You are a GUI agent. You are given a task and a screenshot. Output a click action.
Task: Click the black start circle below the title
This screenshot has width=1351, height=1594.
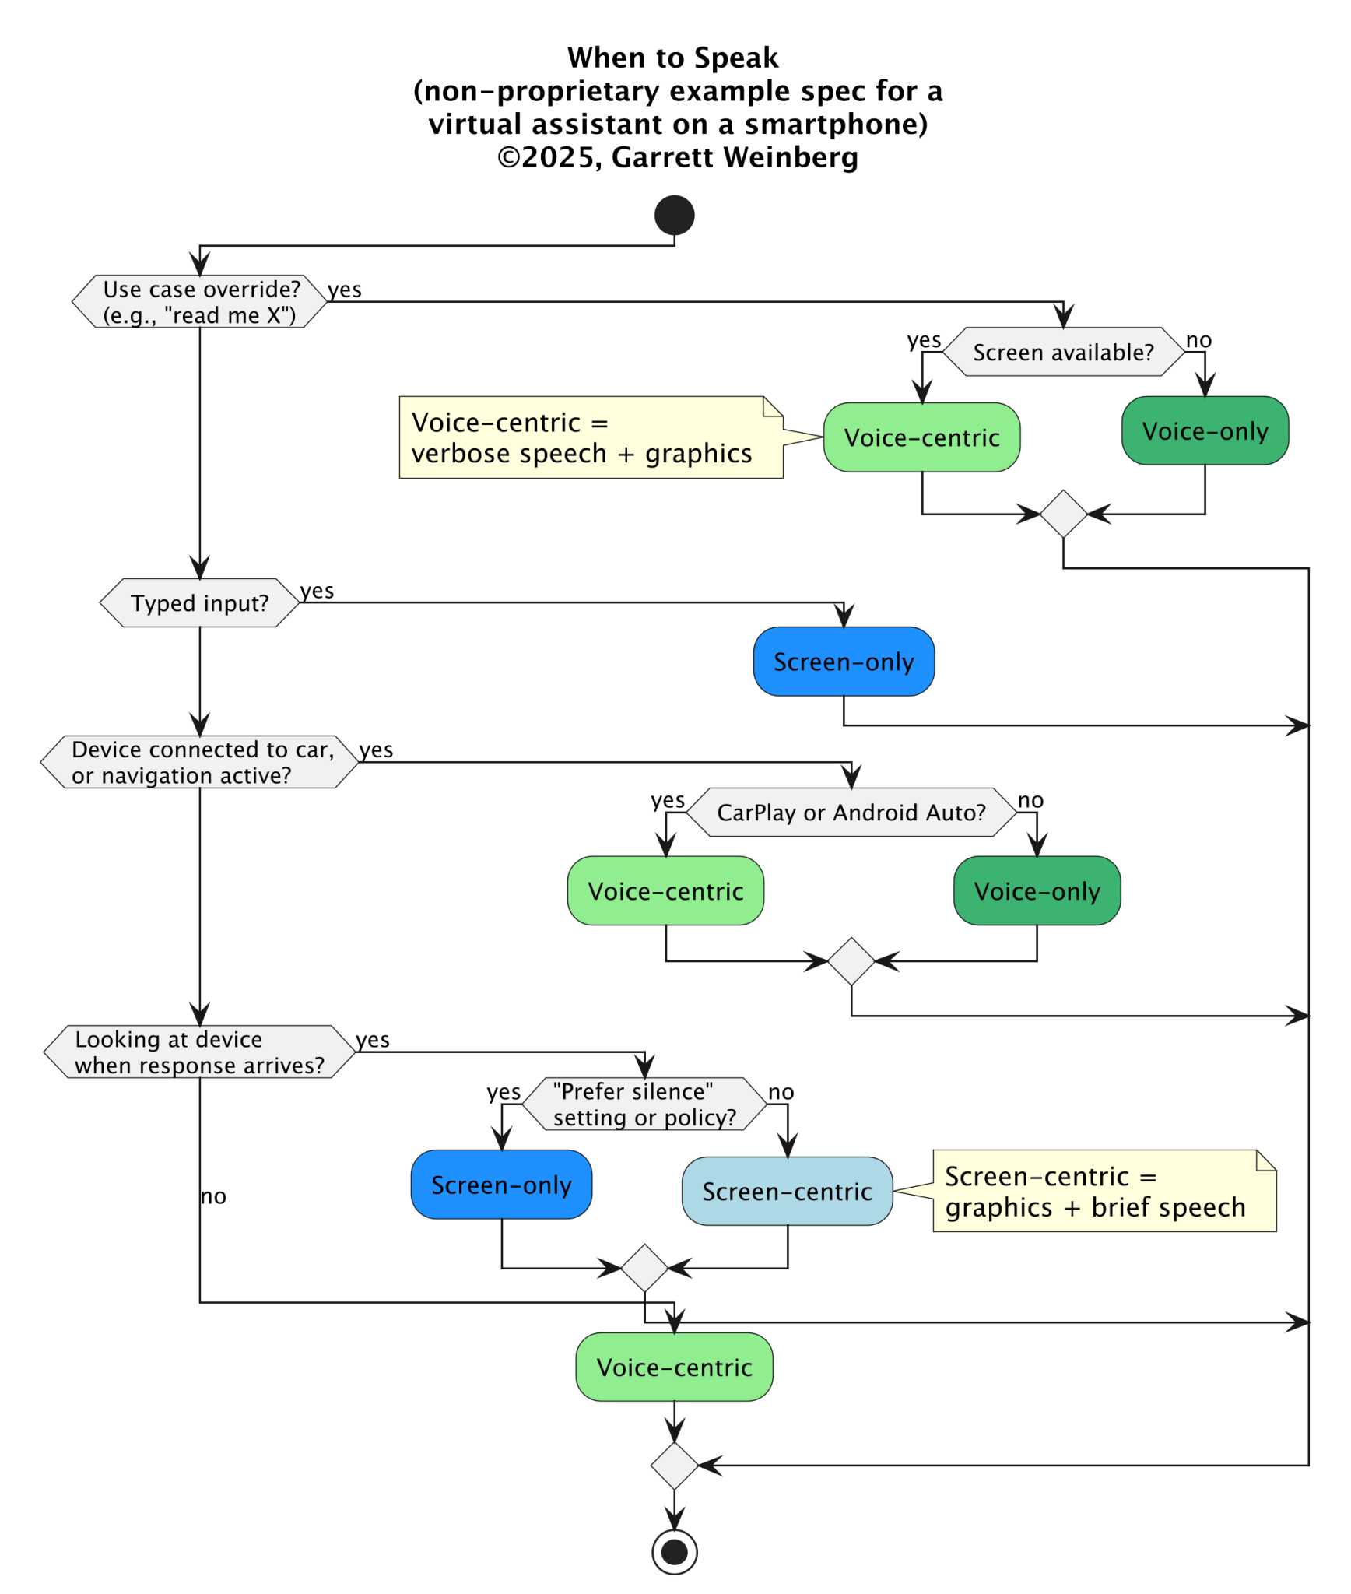click(x=674, y=216)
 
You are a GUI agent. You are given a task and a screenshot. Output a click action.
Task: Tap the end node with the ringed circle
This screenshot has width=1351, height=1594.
click(x=674, y=1552)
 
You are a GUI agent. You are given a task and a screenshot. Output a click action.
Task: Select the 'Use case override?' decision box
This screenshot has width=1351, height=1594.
click(x=199, y=301)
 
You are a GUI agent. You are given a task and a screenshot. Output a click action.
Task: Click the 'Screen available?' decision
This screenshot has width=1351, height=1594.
click(x=1063, y=353)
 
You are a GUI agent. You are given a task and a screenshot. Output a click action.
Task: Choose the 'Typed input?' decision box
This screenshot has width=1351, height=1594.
click(x=199, y=603)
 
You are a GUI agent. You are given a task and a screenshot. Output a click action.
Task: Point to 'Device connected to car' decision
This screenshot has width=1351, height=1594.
click(x=199, y=762)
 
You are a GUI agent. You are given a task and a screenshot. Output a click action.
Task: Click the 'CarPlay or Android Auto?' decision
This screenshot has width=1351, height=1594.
click(x=851, y=813)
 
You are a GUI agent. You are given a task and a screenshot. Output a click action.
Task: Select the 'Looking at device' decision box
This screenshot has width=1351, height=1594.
click(x=199, y=1052)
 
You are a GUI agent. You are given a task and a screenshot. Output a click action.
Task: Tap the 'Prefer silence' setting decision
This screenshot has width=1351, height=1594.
click(x=644, y=1104)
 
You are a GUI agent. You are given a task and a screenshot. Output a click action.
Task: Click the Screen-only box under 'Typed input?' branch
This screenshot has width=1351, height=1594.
click(x=844, y=662)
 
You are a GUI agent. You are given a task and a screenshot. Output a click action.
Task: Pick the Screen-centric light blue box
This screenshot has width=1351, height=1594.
click(x=787, y=1191)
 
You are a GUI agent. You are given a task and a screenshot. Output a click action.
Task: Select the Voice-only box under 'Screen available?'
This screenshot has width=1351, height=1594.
click(x=1205, y=431)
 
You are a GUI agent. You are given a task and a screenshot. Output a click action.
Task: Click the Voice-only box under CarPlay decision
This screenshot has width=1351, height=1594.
click(x=1037, y=891)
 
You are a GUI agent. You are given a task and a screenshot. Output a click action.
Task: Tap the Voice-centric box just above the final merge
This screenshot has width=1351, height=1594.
click(x=674, y=1368)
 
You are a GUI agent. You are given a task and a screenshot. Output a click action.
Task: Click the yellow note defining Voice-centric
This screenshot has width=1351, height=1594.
click(x=590, y=437)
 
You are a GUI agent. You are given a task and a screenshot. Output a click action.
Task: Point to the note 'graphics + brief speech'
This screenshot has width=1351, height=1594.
click(x=1104, y=1191)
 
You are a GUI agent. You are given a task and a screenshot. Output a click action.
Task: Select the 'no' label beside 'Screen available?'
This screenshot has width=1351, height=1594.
click(x=1198, y=340)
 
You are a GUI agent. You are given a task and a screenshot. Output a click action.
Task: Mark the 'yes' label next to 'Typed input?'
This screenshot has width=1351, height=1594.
click(x=317, y=592)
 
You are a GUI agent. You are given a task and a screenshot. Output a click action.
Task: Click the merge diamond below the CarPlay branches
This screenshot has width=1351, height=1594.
click(x=851, y=961)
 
